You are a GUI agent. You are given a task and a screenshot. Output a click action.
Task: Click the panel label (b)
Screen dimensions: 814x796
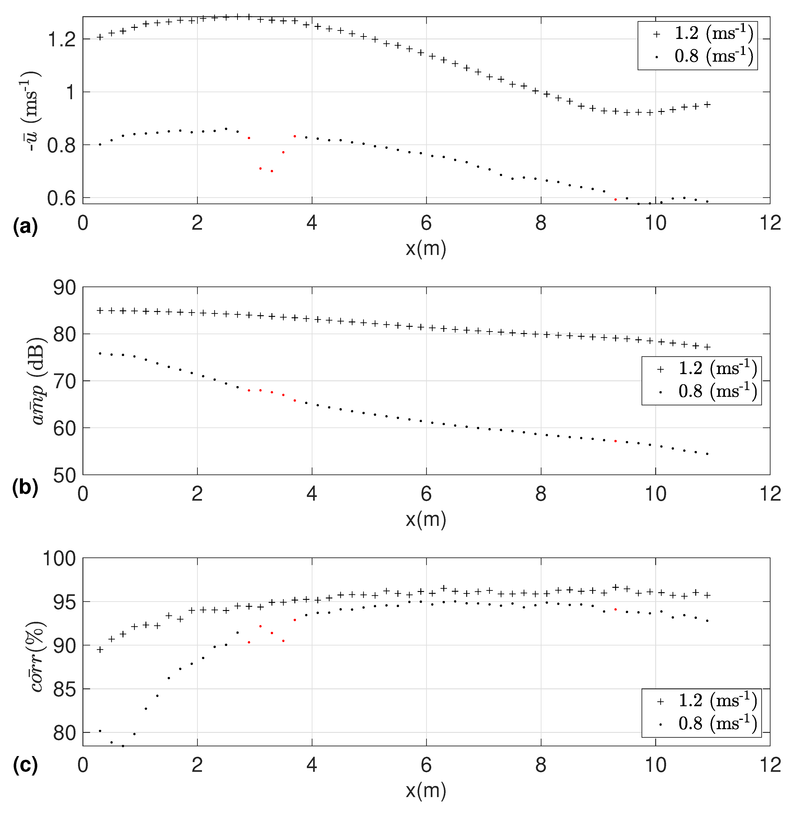click(25, 488)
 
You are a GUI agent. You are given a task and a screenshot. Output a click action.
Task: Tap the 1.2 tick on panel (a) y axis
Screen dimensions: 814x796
click(62, 40)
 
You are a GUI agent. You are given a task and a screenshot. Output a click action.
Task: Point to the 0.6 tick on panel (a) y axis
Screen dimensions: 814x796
click(62, 198)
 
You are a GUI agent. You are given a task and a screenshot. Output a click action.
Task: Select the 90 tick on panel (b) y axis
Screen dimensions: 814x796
click(65, 288)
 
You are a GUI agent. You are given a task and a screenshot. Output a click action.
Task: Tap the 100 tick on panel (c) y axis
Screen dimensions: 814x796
click(60, 559)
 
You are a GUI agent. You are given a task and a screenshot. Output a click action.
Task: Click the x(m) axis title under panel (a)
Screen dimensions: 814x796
click(426, 249)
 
